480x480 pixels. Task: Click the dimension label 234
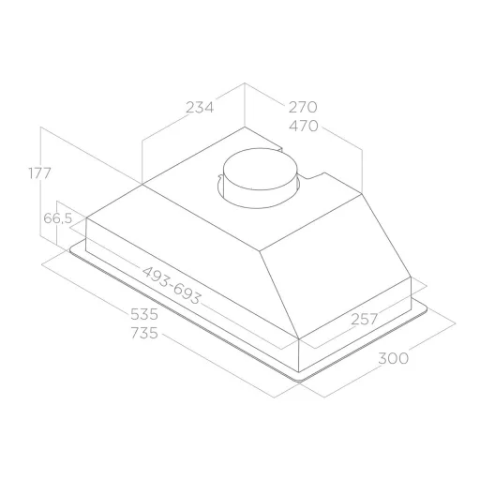tap(200, 108)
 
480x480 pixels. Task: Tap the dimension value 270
tap(303, 107)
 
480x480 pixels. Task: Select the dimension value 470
tap(303, 126)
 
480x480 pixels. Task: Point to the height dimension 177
tap(39, 173)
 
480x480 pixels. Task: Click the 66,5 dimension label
tap(58, 218)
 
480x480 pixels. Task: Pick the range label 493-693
tap(172, 286)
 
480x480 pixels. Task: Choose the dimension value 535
tap(144, 314)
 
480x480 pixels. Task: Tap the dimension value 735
tap(144, 333)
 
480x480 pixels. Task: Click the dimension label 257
tap(365, 319)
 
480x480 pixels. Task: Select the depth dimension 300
tap(393, 358)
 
